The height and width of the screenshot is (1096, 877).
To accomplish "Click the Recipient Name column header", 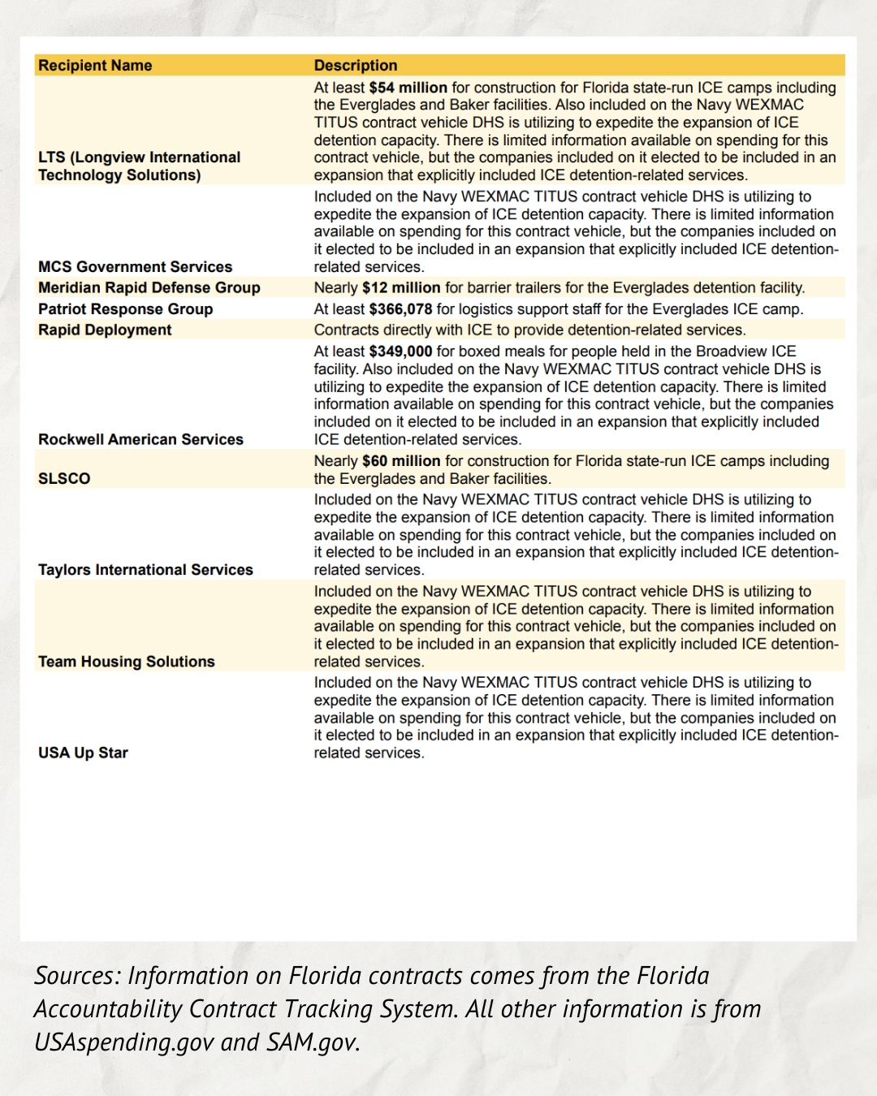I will (x=95, y=66).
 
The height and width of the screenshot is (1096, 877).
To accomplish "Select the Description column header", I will (x=356, y=66).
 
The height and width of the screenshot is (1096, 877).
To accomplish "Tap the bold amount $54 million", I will (x=408, y=88).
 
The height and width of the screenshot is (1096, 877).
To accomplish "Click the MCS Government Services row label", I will (x=135, y=267).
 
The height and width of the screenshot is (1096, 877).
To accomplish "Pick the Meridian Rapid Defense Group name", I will (x=149, y=287).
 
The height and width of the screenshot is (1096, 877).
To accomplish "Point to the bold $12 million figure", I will (x=401, y=287).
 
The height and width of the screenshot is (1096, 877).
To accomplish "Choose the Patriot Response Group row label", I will (x=125, y=309).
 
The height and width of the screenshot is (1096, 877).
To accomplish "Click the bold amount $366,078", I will (x=400, y=309).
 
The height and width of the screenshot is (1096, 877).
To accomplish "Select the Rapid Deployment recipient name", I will (x=105, y=330).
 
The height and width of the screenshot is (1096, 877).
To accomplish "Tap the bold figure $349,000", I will (x=400, y=352).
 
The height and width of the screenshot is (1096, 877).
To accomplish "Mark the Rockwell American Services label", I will (x=140, y=439).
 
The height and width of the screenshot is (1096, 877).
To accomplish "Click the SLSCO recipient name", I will (x=64, y=479).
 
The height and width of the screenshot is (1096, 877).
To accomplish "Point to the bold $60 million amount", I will (x=401, y=461).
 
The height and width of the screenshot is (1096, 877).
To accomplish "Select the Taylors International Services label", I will (x=145, y=570).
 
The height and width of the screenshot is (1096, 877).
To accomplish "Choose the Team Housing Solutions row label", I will (x=127, y=662).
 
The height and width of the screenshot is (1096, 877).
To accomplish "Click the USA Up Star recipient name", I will (x=83, y=753).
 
